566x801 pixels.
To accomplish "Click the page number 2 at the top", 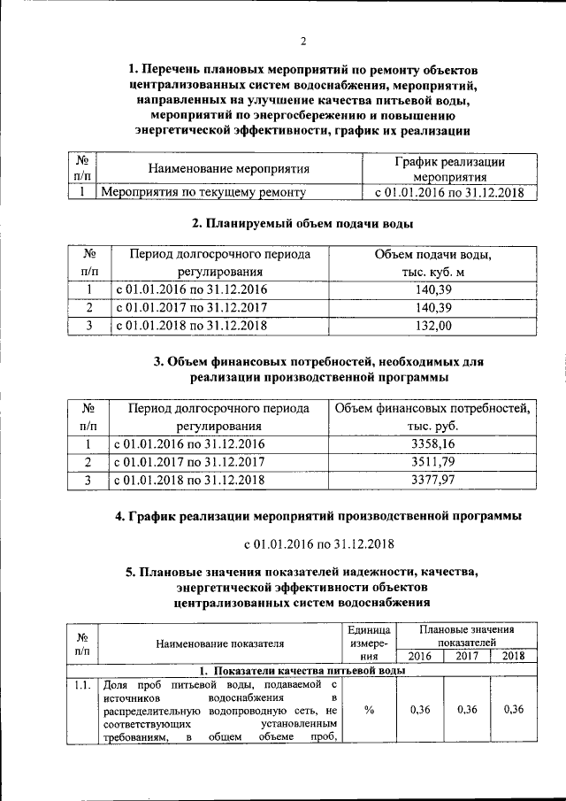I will point(302,41).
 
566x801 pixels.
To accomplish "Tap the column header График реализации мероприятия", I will point(448,168).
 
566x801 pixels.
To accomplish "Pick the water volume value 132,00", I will point(432,327).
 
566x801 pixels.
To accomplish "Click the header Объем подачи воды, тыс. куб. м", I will point(432,263).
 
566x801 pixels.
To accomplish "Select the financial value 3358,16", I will point(432,443).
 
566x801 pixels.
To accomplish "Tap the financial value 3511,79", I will point(432,462).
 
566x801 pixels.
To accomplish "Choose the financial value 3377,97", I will point(432,480).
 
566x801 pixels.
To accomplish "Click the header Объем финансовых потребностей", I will point(432,409).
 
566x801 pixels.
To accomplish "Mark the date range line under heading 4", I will point(318,543).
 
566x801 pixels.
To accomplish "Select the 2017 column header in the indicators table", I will point(467,656).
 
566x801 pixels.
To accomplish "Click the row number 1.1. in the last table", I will point(81,683).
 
